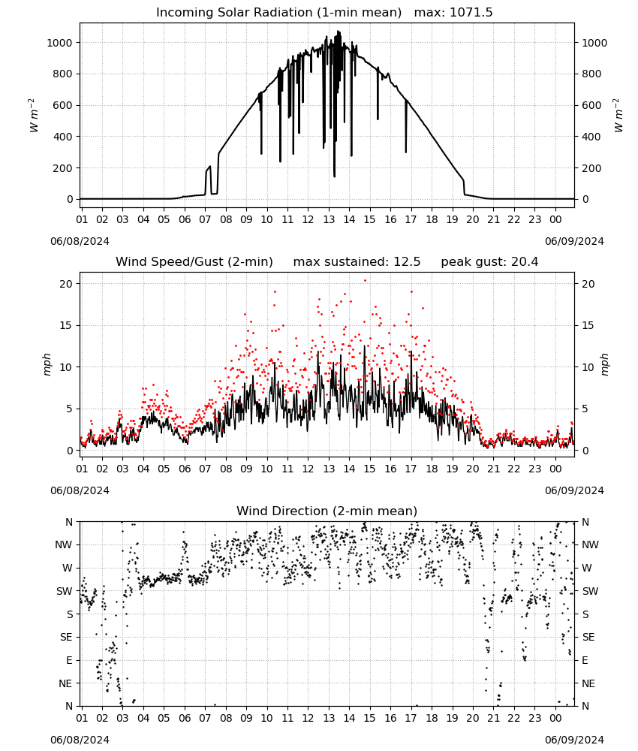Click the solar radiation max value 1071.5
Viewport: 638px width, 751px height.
[471, 13]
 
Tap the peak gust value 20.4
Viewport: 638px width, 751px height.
[524, 262]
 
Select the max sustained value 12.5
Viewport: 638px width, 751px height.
[407, 262]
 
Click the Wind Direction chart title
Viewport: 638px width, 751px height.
[327, 511]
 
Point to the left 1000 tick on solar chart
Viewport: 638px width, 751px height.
[59, 43]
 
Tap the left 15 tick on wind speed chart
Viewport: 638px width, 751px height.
[66, 326]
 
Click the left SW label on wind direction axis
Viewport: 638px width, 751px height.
[65, 591]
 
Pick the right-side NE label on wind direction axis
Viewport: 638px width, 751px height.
[588, 683]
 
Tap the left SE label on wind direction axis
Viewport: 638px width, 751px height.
[66, 637]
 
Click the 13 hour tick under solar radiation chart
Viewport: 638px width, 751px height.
[329, 219]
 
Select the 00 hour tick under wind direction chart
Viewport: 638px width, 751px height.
[555, 718]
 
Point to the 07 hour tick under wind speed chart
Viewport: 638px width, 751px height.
[205, 469]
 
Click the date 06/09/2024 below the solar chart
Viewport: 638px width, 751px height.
[574, 241]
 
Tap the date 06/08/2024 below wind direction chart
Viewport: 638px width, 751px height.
[80, 740]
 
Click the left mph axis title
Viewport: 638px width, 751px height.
[47, 364]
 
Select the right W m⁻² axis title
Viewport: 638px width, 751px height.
[618, 116]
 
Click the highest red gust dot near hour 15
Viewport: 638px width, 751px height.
[366, 281]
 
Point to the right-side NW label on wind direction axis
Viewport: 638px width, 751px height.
[590, 544]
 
